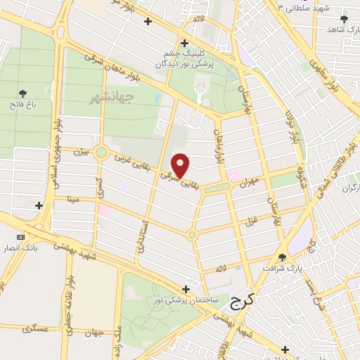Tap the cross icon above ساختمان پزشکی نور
(186, 289)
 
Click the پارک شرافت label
(281, 269)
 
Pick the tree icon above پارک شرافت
(283, 257)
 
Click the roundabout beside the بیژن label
(101, 153)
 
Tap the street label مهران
(252, 181)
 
